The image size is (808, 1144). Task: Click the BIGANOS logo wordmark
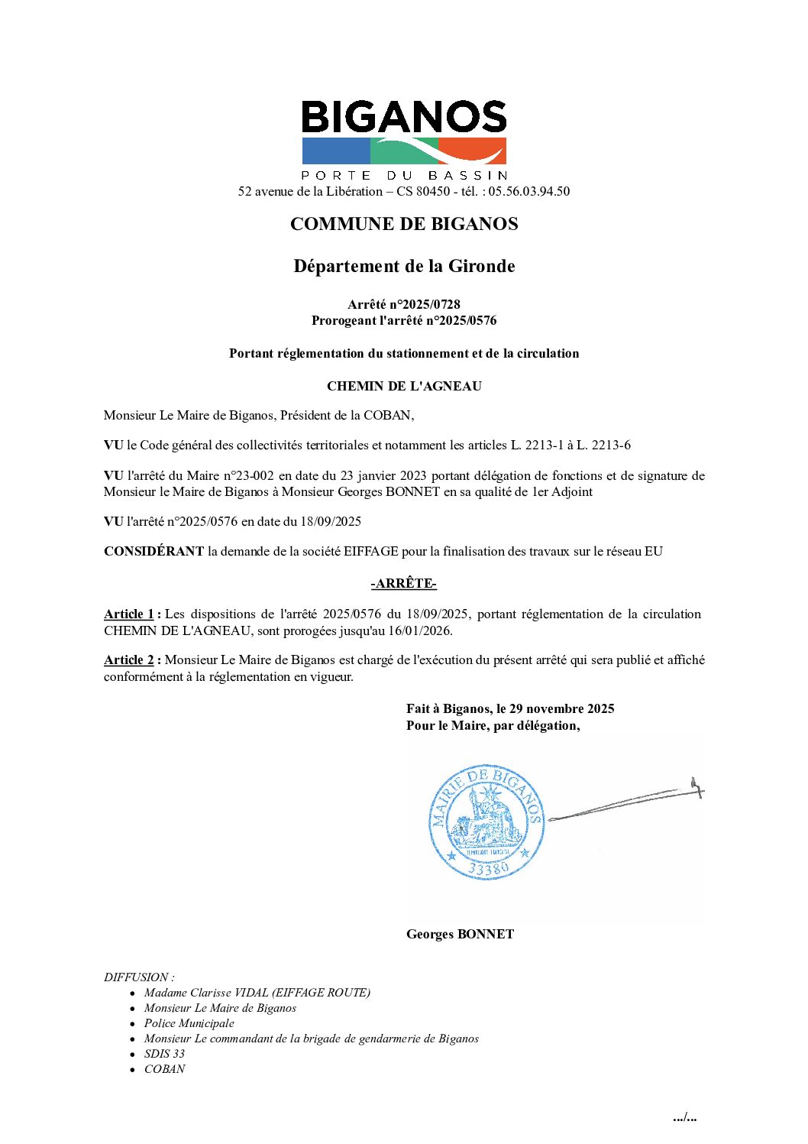[404, 118]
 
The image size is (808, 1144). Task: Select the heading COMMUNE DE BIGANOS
[404, 224]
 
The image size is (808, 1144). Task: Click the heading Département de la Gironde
[404, 266]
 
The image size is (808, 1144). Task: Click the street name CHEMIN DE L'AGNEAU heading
[404, 386]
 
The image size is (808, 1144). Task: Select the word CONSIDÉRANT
[154, 551]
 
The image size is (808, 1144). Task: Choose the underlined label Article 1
[129, 614]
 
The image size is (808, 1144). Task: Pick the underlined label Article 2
[129, 660]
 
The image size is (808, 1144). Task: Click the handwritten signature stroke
[626, 802]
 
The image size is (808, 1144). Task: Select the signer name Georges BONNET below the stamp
[460, 934]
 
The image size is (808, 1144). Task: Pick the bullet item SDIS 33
[164, 1053]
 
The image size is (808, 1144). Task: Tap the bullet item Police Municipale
[189, 1022]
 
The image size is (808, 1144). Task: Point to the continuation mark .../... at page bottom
[684, 1117]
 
